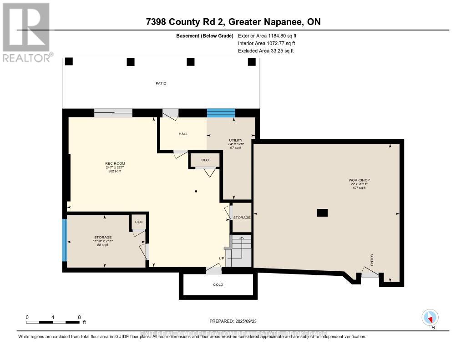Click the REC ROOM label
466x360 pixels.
click(x=115, y=163)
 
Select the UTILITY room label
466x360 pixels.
click(x=236, y=140)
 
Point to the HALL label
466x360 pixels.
click(x=183, y=134)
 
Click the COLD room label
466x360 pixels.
click(x=218, y=284)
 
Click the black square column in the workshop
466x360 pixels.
click(x=322, y=213)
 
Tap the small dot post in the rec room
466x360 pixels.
click(x=196, y=191)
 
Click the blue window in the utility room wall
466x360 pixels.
click(x=221, y=113)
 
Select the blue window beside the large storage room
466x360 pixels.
click(x=65, y=240)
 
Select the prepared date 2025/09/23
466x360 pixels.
click(x=233, y=321)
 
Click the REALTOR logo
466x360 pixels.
click(x=26, y=32)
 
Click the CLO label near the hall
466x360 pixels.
click(x=205, y=160)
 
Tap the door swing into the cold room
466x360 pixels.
click(x=213, y=270)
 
